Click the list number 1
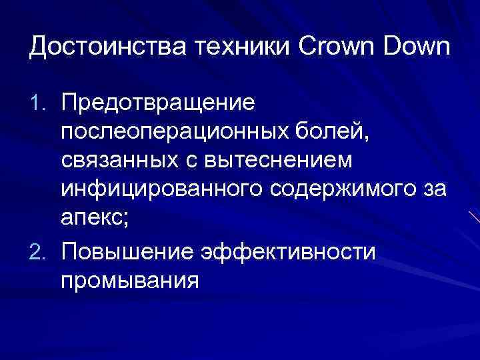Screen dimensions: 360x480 point(39,102)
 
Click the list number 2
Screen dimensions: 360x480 point(39,253)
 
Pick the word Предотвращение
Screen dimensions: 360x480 point(157,102)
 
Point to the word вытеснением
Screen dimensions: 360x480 point(294,162)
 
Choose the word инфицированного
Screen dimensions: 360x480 point(161,192)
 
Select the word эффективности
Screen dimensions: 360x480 point(297,253)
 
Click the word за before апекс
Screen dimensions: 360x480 point(433,192)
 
